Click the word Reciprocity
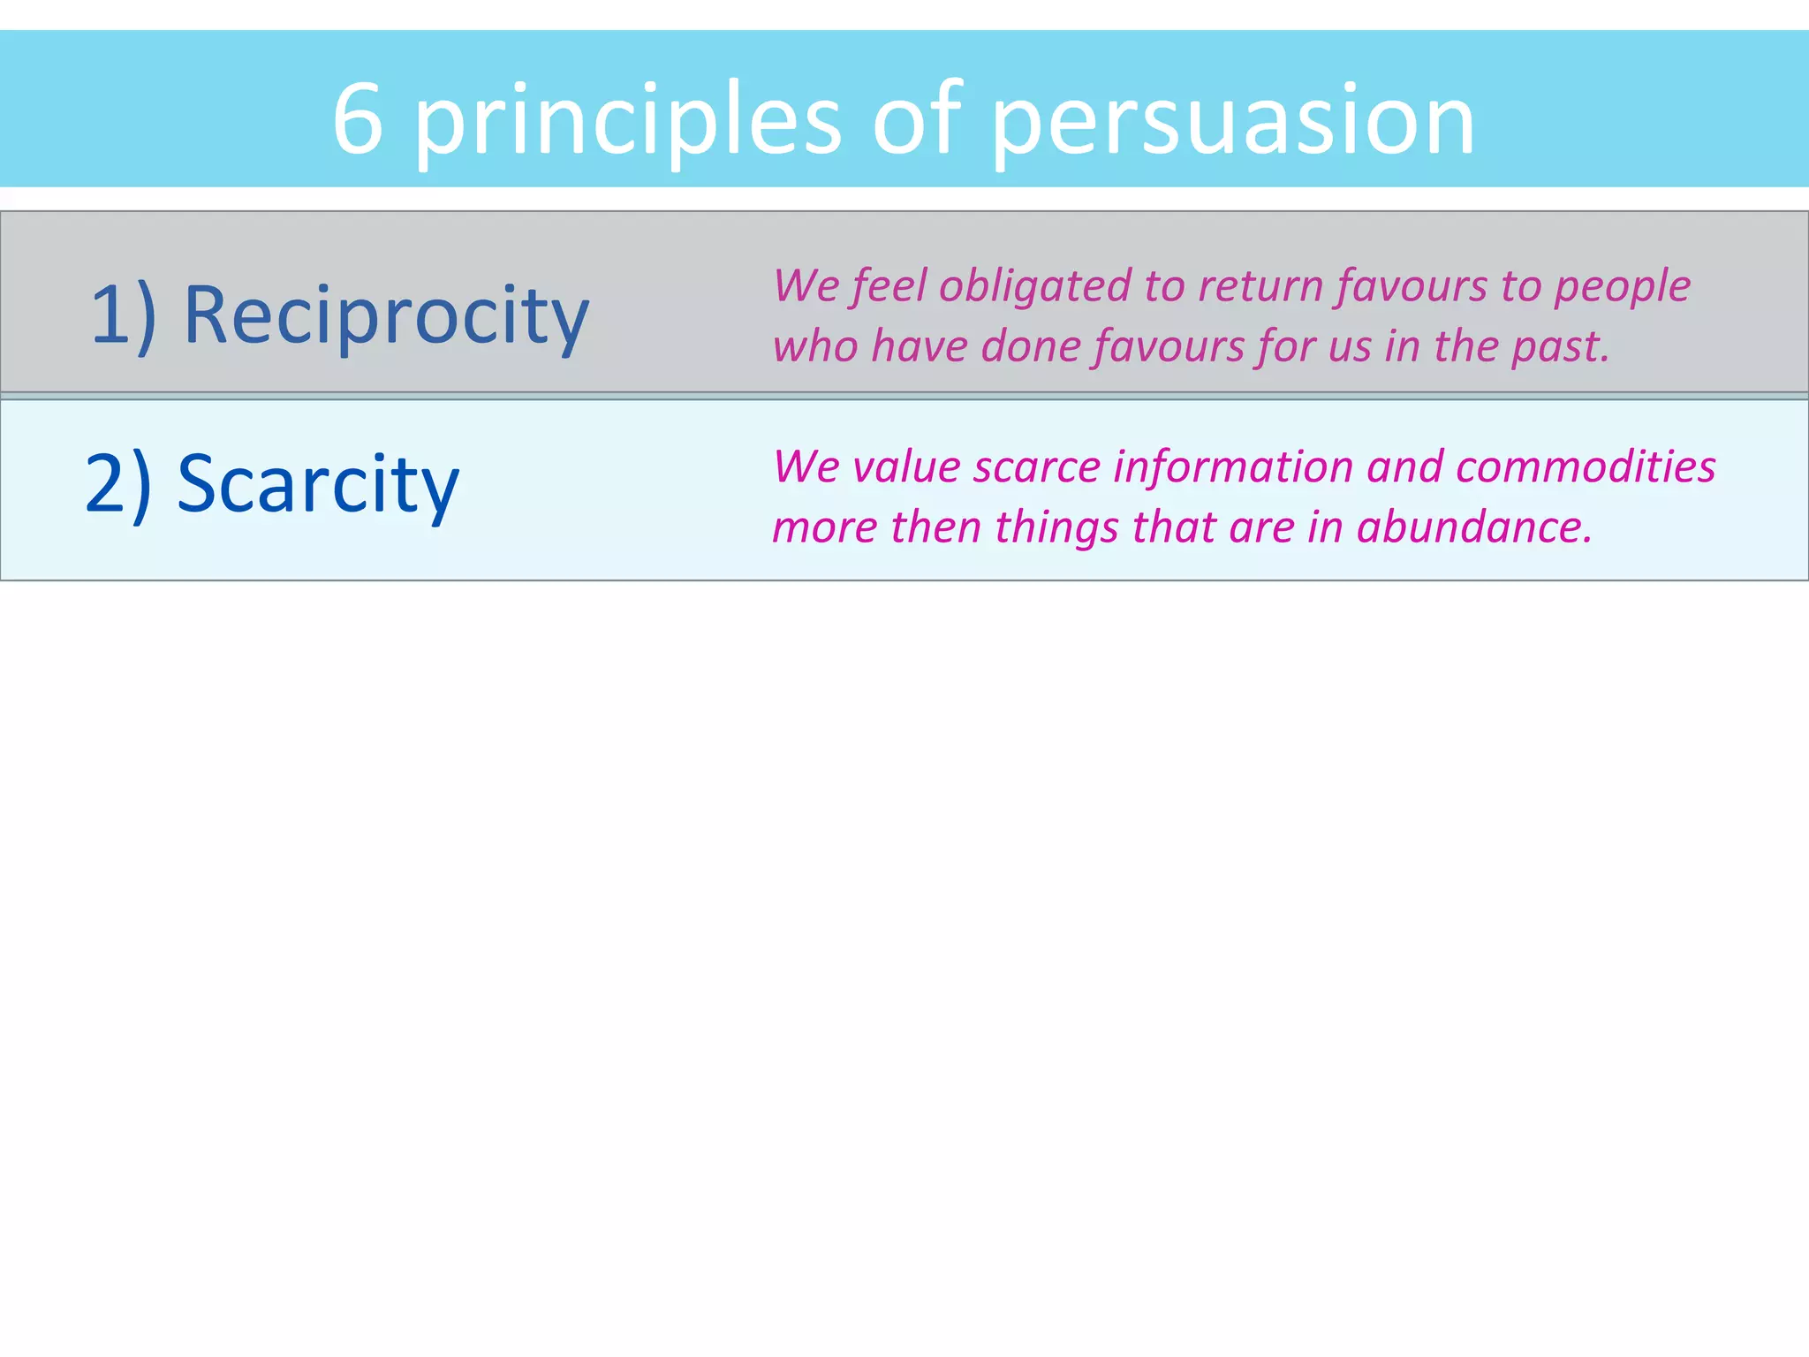(x=386, y=316)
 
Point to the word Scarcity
(x=318, y=484)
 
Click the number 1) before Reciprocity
(x=124, y=316)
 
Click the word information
(x=1232, y=467)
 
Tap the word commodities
(x=1586, y=467)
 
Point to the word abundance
(x=1473, y=527)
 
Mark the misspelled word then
(x=935, y=527)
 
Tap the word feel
(x=889, y=288)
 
